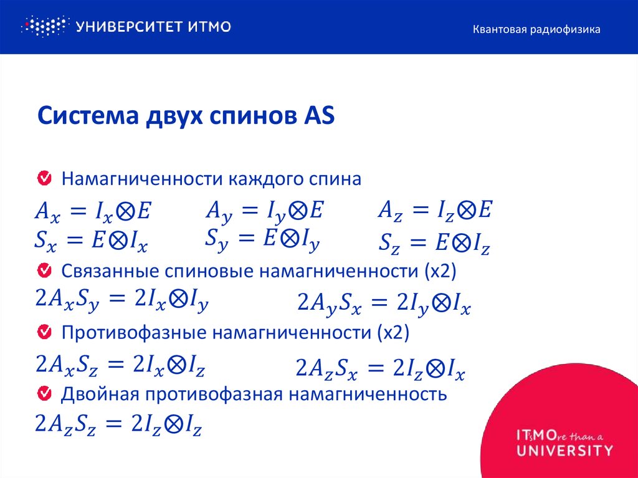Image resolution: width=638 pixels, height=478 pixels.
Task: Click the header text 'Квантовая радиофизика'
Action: click(x=536, y=29)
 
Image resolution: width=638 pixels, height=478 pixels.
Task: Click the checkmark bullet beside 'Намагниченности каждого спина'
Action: click(x=45, y=179)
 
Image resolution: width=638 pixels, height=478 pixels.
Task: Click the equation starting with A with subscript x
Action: click(x=92, y=213)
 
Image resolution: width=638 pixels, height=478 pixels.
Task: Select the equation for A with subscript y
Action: click(x=264, y=211)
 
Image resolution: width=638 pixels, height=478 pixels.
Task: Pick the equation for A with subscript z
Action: click(x=435, y=210)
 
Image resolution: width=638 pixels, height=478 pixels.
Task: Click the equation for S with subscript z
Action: click(x=434, y=243)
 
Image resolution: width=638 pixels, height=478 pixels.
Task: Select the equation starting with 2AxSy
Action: click(x=121, y=301)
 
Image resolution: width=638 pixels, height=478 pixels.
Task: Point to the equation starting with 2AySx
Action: click(x=383, y=305)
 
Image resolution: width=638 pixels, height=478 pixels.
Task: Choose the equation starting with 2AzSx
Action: click(x=380, y=368)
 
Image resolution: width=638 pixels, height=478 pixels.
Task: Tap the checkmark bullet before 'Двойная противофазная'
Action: click(x=45, y=394)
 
